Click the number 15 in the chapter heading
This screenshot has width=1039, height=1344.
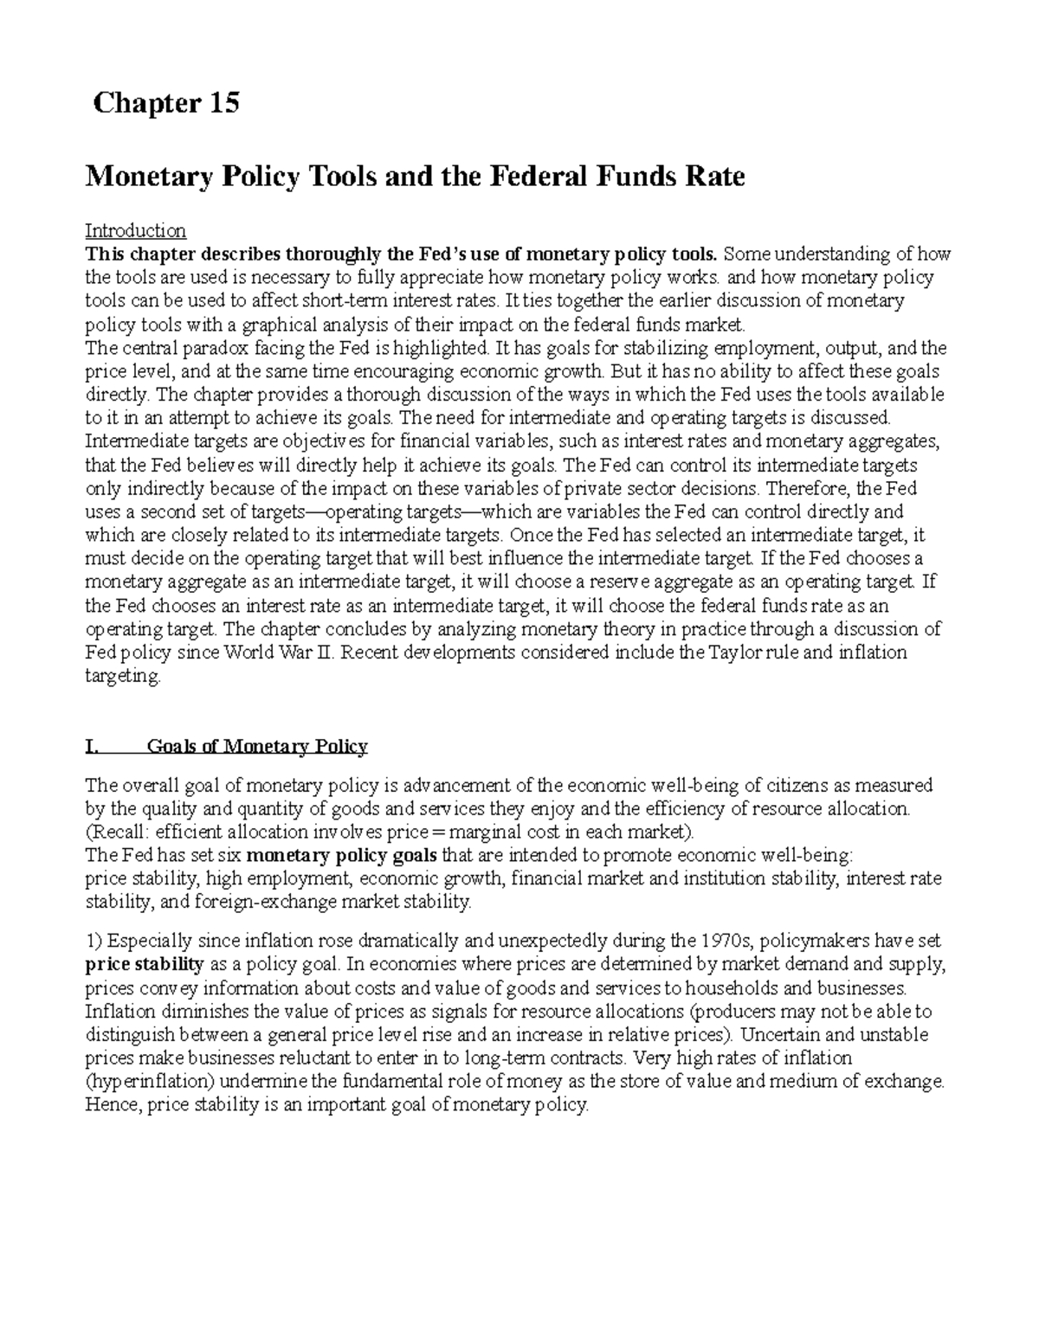tap(223, 104)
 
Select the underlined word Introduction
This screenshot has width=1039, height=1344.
tap(135, 231)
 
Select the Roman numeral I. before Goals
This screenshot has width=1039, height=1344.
tap(93, 747)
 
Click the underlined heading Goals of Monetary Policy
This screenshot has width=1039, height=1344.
tap(257, 747)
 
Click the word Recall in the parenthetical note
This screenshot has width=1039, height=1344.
tap(117, 833)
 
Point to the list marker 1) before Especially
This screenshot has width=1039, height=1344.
tap(94, 941)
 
